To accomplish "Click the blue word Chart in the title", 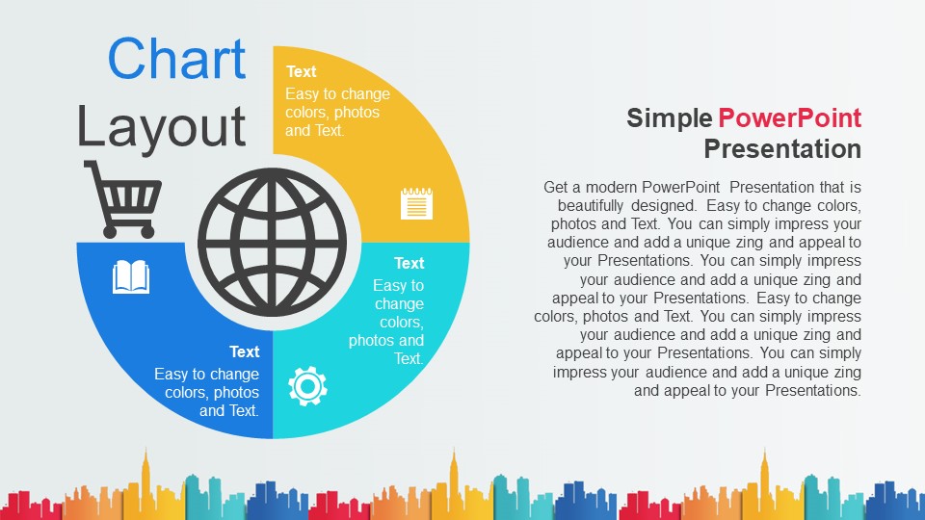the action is [x=176, y=59].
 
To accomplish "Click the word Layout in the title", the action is [x=161, y=127].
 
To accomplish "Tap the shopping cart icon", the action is [x=122, y=198].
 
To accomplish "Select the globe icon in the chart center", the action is [x=272, y=242].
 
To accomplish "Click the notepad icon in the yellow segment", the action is [x=416, y=203].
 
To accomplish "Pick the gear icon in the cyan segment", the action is [x=307, y=386].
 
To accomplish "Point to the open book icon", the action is [x=131, y=277].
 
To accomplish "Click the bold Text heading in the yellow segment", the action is [x=301, y=71].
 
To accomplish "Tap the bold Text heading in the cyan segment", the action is [x=409, y=263].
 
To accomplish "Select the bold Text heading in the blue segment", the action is [x=244, y=351].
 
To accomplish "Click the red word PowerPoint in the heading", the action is [x=789, y=117].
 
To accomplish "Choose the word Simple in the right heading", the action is [x=669, y=118].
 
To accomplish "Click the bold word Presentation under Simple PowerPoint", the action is [x=782, y=148].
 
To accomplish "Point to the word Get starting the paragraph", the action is [x=555, y=187].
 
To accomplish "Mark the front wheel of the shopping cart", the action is [x=148, y=231].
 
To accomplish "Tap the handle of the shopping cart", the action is [x=90, y=167].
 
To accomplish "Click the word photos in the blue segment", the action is [x=236, y=393].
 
